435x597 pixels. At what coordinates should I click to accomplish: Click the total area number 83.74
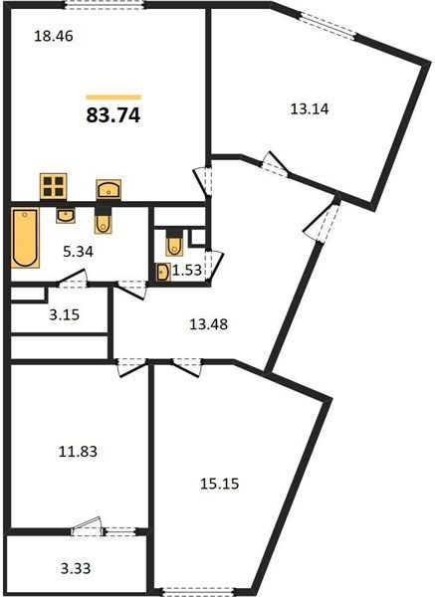pyautogui.click(x=113, y=115)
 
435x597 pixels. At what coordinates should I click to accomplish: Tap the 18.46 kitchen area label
pyautogui.click(x=54, y=36)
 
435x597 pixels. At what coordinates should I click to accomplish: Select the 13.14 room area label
pyautogui.click(x=310, y=109)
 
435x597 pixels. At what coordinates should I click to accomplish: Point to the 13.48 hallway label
pyautogui.click(x=208, y=324)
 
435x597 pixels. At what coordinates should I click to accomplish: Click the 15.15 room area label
pyautogui.click(x=219, y=484)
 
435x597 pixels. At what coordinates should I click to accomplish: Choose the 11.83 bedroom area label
pyautogui.click(x=78, y=452)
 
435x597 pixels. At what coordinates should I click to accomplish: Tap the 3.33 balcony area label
pyautogui.click(x=76, y=569)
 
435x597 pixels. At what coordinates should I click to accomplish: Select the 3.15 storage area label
pyautogui.click(x=65, y=314)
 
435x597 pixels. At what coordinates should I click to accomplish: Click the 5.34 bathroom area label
pyautogui.click(x=78, y=252)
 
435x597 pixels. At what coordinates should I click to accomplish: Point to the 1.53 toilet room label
pyautogui.click(x=187, y=271)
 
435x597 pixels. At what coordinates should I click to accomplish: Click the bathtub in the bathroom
pyautogui.click(x=25, y=238)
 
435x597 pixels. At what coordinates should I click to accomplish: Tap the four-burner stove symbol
pyautogui.click(x=54, y=187)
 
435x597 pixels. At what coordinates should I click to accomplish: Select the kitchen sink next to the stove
pyautogui.click(x=109, y=189)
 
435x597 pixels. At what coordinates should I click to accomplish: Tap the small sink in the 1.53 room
pyautogui.click(x=163, y=273)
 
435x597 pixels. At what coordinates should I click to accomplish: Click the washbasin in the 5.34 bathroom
pyautogui.click(x=66, y=215)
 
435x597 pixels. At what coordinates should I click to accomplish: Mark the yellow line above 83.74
pyautogui.click(x=113, y=98)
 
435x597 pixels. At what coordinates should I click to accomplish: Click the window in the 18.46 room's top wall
pyautogui.click(x=104, y=5)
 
